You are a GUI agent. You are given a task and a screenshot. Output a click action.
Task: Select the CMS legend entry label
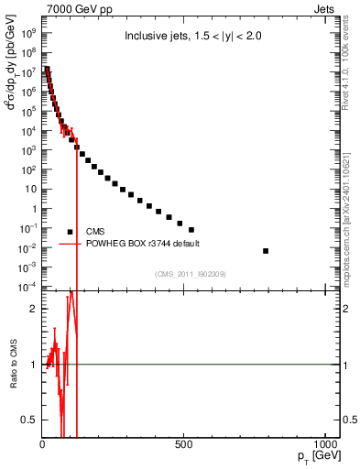(x=96, y=232)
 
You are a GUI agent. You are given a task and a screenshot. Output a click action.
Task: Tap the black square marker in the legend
(x=71, y=232)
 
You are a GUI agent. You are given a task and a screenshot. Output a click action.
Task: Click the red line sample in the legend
(x=71, y=244)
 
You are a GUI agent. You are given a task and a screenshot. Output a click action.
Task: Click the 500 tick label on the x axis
(x=184, y=445)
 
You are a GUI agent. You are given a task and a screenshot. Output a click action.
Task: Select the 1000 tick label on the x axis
(x=325, y=445)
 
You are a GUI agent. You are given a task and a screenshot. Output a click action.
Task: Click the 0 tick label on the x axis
(x=43, y=445)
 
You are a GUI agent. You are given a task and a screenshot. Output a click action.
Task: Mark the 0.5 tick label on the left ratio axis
(x=30, y=420)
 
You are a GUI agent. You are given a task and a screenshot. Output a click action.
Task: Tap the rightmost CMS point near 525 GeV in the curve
(x=191, y=230)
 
